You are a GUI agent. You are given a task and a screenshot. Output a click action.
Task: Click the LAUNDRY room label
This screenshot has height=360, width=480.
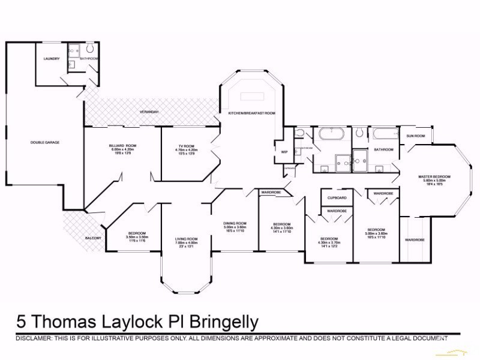[51, 59]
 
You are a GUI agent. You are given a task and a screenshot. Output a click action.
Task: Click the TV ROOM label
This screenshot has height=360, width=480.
[185, 146]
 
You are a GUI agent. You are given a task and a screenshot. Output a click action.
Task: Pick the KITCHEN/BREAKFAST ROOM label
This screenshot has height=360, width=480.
[251, 112]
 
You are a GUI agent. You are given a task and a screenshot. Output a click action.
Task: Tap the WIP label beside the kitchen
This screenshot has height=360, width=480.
[284, 152]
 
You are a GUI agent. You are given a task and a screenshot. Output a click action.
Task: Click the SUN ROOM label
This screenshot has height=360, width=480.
[415, 136]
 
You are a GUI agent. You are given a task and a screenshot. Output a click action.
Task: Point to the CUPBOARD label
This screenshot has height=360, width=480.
[337, 197]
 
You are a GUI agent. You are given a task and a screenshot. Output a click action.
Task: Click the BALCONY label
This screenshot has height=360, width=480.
[93, 238]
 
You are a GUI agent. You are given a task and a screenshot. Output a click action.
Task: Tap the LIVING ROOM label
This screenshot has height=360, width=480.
[186, 239]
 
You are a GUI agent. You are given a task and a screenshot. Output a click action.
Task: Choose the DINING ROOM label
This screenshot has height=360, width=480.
[235, 223]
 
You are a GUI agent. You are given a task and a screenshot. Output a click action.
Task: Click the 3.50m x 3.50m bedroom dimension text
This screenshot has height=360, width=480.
[136, 237]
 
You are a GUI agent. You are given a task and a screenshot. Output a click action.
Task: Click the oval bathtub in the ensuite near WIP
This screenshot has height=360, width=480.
[329, 133]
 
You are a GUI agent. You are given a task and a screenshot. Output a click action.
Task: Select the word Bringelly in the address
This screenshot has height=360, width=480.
[223, 322]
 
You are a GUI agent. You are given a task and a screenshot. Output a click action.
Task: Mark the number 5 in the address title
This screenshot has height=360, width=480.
[22, 322]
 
